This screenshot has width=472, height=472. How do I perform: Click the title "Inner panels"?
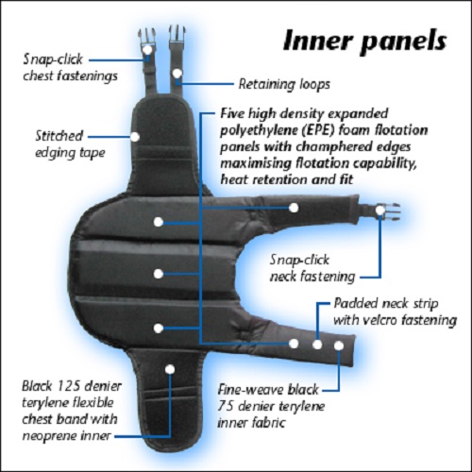tap(364, 41)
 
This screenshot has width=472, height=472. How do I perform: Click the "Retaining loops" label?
tap(284, 84)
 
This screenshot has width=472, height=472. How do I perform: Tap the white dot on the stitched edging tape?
tap(135, 137)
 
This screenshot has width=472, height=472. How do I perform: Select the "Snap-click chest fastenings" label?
tap(70, 67)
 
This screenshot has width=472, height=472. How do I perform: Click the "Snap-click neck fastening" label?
tap(312, 268)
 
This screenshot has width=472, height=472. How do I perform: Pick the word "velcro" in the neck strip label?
tap(380, 320)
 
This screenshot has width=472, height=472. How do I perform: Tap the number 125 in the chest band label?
tap(69, 386)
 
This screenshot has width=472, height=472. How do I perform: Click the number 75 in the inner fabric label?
tap(226, 406)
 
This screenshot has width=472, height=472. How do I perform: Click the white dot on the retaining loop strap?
tap(177, 74)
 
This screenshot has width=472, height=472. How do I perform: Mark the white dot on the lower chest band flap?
tap(170, 369)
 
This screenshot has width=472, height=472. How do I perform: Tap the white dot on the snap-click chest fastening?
tap(147, 49)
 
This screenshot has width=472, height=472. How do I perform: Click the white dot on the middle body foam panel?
tap(159, 274)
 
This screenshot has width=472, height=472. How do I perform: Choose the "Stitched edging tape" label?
tap(69, 144)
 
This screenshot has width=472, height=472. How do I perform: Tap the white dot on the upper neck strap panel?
tap(294, 208)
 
